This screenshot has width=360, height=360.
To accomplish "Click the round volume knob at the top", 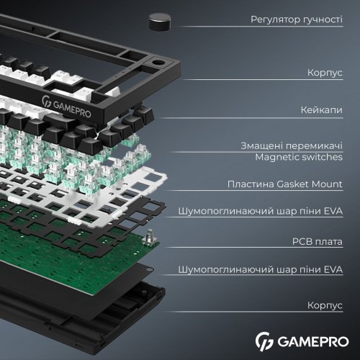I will click(160, 22).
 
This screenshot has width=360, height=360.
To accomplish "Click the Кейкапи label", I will click(320, 110).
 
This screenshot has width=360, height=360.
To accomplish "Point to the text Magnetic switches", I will click(298, 156).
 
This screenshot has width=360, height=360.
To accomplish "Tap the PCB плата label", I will click(317, 242).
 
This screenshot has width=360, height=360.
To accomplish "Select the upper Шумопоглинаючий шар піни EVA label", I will click(270, 212).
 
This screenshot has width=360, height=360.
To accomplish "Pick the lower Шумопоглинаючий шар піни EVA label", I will click(270, 270).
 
